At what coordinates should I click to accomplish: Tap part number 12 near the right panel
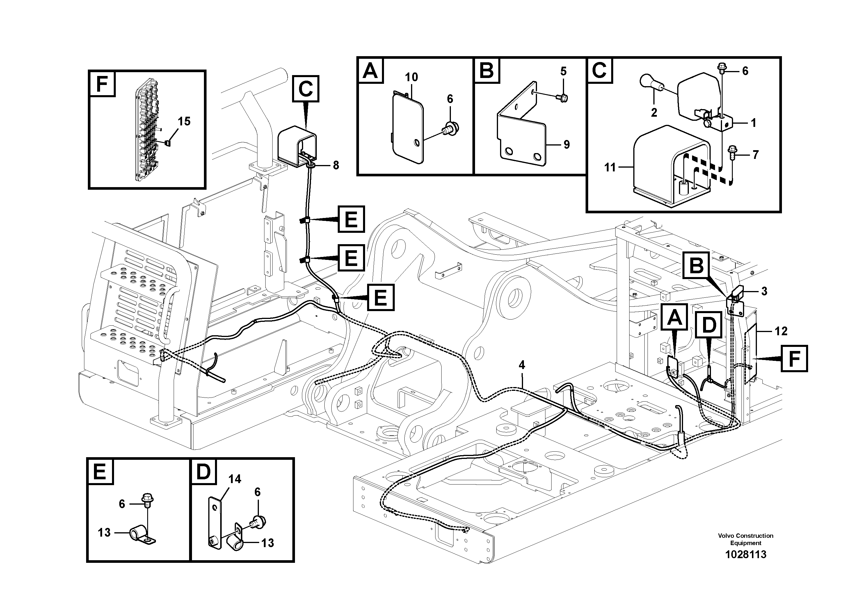point(781,331)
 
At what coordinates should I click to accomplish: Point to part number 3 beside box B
point(764,291)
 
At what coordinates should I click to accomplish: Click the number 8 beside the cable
point(336,165)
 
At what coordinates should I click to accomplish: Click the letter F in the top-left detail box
point(102,84)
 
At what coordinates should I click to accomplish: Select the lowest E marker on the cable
point(380,297)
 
